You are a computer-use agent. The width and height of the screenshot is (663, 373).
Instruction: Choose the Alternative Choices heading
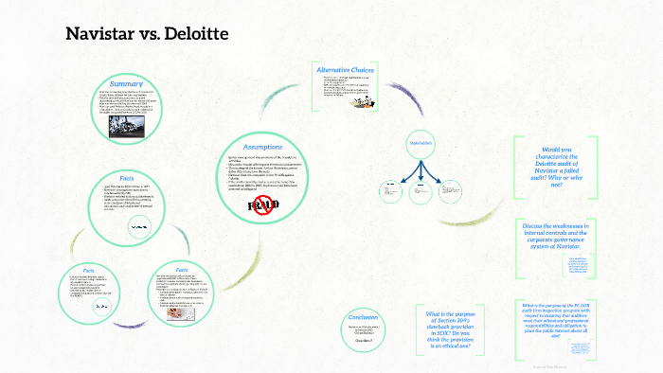pos(345,70)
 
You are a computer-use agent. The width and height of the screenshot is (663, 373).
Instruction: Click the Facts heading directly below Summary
pos(125,178)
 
